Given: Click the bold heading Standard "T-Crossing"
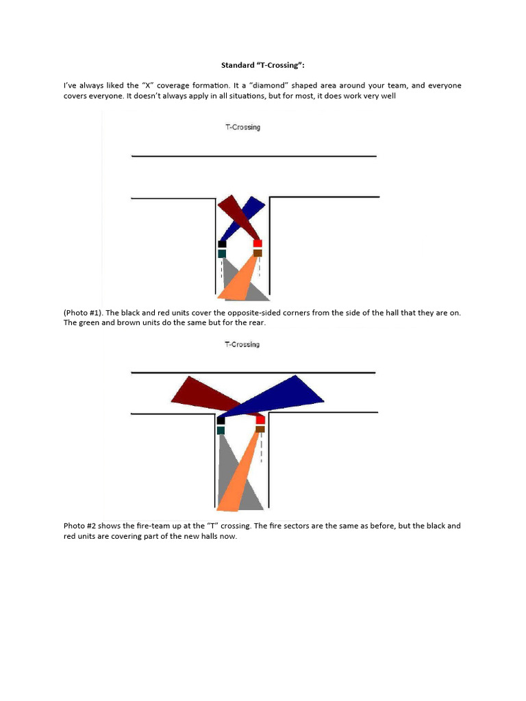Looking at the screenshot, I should pyautogui.click(x=262, y=66).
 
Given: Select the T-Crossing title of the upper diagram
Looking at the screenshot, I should pyautogui.click(x=242, y=127).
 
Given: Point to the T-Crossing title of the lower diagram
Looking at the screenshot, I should pyautogui.click(x=242, y=344).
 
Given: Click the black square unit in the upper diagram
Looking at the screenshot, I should pyautogui.click(x=222, y=244).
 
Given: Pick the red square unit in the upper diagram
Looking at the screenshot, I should pyautogui.click(x=258, y=243).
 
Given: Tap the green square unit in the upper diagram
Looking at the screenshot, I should pyautogui.click(x=222, y=254).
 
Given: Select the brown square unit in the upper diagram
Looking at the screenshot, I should pyautogui.click(x=258, y=253).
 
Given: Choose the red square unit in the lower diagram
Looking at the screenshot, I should pyautogui.click(x=260, y=420).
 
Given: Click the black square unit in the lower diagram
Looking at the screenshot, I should pyautogui.click(x=221, y=420).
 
